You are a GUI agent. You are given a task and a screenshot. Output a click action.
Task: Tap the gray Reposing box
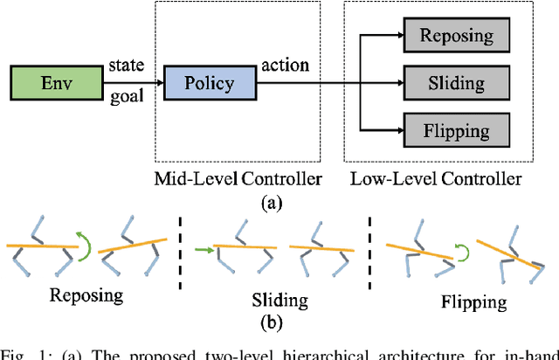(457, 36)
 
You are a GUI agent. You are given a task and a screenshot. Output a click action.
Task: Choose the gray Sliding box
(457, 83)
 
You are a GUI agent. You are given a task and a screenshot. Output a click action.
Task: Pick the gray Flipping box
(457, 130)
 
